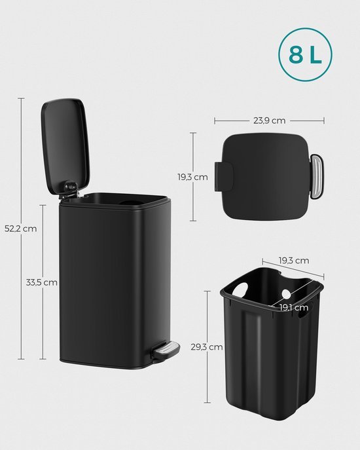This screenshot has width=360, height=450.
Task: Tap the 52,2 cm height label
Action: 20,229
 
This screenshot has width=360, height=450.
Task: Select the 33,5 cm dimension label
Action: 41,283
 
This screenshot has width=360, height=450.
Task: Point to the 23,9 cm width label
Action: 269,120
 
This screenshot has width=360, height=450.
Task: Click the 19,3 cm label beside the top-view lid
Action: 192,177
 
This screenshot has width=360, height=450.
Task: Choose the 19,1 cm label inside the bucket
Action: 294,307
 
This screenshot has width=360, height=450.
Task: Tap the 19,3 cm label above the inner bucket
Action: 293,260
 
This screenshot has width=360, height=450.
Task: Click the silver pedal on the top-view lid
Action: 316,175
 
